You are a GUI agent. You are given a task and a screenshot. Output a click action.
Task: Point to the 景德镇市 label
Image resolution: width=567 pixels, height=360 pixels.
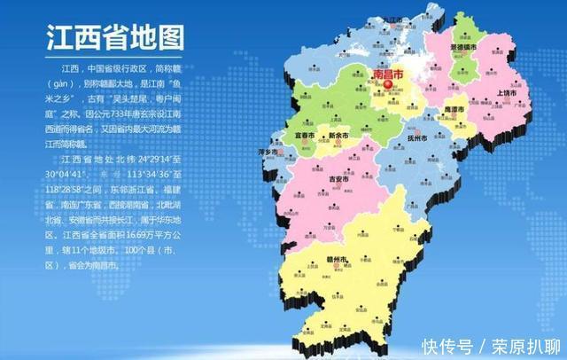(465, 45)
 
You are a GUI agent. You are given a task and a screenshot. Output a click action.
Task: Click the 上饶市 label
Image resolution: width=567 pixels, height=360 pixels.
(505, 92)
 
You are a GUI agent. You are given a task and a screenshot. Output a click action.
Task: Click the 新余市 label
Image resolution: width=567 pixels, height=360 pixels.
(338, 135)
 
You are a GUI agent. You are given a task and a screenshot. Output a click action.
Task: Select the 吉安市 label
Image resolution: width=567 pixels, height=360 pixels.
(348, 177)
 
